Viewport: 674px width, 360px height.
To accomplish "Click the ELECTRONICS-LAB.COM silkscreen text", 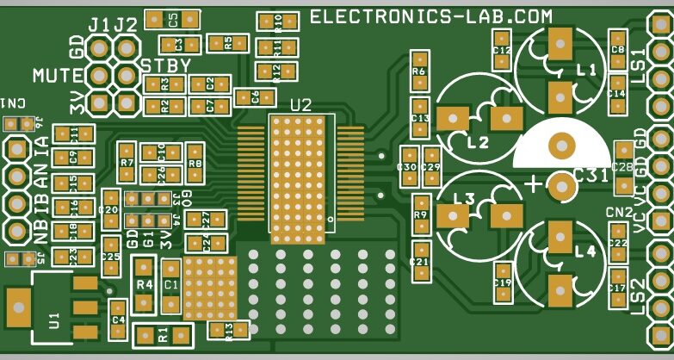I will click(430, 16).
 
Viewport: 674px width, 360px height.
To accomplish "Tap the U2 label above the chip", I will click(300, 105).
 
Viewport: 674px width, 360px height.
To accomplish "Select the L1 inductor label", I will click(586, 71).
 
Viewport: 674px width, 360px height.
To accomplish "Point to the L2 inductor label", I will click(478, 142).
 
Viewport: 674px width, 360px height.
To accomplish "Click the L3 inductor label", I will click(463, 200).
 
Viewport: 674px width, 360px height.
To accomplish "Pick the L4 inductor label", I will click(584, 252).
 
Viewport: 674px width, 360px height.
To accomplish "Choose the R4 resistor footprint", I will click(144, 285).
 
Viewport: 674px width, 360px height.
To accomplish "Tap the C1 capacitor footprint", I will click(171, 285).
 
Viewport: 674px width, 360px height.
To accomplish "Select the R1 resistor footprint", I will click(163, 334).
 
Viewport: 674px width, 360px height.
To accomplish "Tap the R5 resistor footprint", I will click(228, 41).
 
